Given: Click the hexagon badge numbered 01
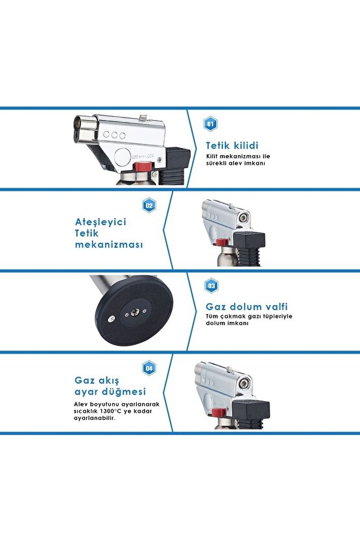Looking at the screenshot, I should point(210,123).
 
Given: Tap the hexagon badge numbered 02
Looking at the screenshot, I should point(149,206).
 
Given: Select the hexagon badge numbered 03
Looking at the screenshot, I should point(210,286).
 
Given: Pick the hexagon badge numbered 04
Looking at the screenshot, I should point(149,369).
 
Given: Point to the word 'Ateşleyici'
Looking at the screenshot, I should point(101,221).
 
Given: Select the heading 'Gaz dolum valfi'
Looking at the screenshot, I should point(246,307).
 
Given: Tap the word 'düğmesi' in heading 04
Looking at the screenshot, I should point(125,391).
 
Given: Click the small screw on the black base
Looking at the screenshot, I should point(111,317).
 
